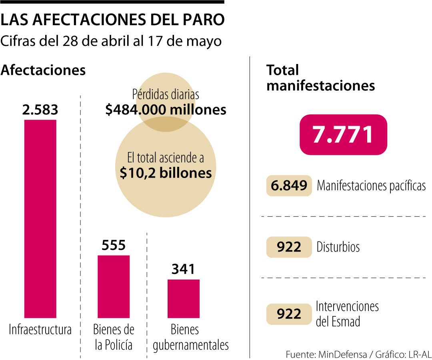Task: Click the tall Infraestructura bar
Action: (x=40, y=218)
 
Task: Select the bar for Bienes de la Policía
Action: (x=114, y=286)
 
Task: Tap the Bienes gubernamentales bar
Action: (x=183, y=298)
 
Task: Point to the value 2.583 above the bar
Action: (x=40, y=110)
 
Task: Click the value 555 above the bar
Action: (x=114, y=245)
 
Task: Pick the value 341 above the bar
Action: (x=183, y=269)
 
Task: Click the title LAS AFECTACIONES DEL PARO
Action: (x=112, y=20)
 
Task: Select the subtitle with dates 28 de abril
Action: (x=111, y=41)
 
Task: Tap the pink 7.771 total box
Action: (x=343, y=135)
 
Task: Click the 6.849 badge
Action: (x=289, y=185)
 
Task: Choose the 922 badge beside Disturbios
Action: (x=289, y=247)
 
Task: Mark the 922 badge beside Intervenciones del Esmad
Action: (x=289, y=314)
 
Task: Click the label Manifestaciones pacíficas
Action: (x=371, y=186)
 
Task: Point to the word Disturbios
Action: (x=338, y=247)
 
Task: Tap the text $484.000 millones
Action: (x=166, y=110)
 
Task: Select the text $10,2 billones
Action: (x=166, y=172)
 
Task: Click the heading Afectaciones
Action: (x=43, y=70)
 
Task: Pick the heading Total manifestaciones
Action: (x=320, y=78)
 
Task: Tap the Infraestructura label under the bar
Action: (x=40, y=330)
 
